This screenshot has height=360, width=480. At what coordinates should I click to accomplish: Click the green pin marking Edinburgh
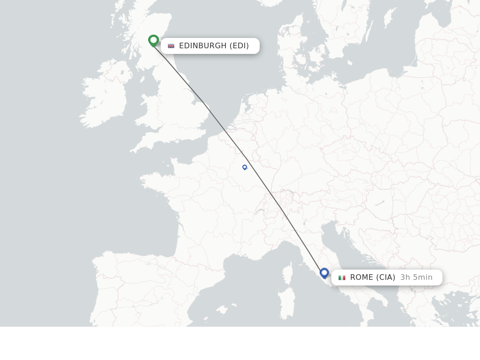click(153, 41)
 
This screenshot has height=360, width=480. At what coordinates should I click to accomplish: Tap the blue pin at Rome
click(324, 273)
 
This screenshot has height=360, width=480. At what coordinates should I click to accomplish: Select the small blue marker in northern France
click(245, 167)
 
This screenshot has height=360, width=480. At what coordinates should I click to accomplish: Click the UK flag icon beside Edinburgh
click(171, 46)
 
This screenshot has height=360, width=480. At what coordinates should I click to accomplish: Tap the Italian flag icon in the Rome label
click(342, 277)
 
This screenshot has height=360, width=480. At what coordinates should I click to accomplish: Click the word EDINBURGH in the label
click(202, 46)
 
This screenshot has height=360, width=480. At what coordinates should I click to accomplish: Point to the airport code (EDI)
click(239, 46)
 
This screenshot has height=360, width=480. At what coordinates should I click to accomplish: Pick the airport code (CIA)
click(386, 277)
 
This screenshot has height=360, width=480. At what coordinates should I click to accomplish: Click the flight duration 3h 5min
click(416, 277)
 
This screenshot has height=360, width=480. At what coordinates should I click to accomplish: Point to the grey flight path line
click(262, 180)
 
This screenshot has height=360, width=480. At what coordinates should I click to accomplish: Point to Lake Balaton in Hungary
click(380, 203)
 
